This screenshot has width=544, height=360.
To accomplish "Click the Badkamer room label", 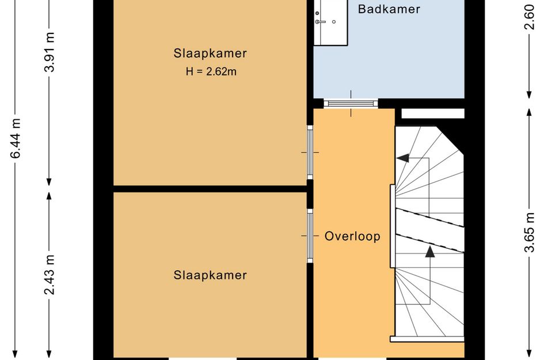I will tap(389, 9).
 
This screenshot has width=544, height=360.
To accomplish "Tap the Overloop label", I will tap(352, 236).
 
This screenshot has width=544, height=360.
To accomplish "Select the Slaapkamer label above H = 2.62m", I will tap(210, 54).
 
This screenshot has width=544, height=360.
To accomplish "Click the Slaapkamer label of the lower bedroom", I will tap(210, 275).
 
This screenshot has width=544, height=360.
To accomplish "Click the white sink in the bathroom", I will tap(330, 23).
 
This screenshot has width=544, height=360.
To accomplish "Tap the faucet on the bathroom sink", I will tap(320, 22).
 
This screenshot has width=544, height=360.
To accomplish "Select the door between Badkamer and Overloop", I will tap(351, 104).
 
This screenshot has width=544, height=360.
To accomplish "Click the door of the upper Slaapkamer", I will tap(310, 151).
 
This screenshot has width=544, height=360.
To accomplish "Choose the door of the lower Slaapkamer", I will tap(310, 235).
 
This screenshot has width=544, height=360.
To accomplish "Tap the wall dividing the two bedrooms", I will tap(210, 188).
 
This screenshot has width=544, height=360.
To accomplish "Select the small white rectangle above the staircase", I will tap(432, 113).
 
